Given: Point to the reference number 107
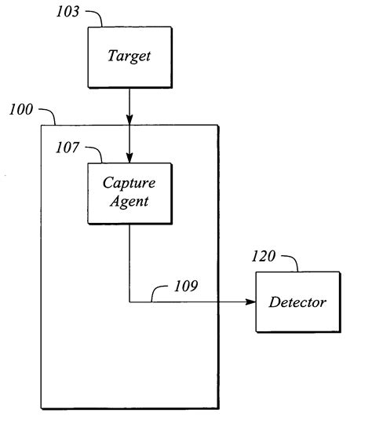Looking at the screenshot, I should [x=69, y=146].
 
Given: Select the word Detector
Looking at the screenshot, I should [x=297, y=301].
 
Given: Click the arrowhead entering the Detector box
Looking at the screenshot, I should [x=250, y=301].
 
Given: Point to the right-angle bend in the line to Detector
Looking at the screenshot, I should [x=129, y=301].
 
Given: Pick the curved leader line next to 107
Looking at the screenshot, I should [x=95, y=152].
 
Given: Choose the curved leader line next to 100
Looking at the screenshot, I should [x=46, y=115].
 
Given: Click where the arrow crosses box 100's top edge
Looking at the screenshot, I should [x=129, y=124].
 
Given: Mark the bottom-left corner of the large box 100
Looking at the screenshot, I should [x=41, y=408].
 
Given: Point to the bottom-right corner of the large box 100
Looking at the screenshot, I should [x=217, y=408].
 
